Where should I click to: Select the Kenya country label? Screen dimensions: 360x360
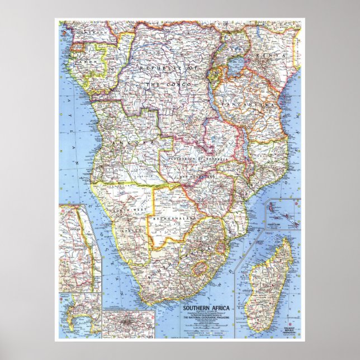coord(276,56)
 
